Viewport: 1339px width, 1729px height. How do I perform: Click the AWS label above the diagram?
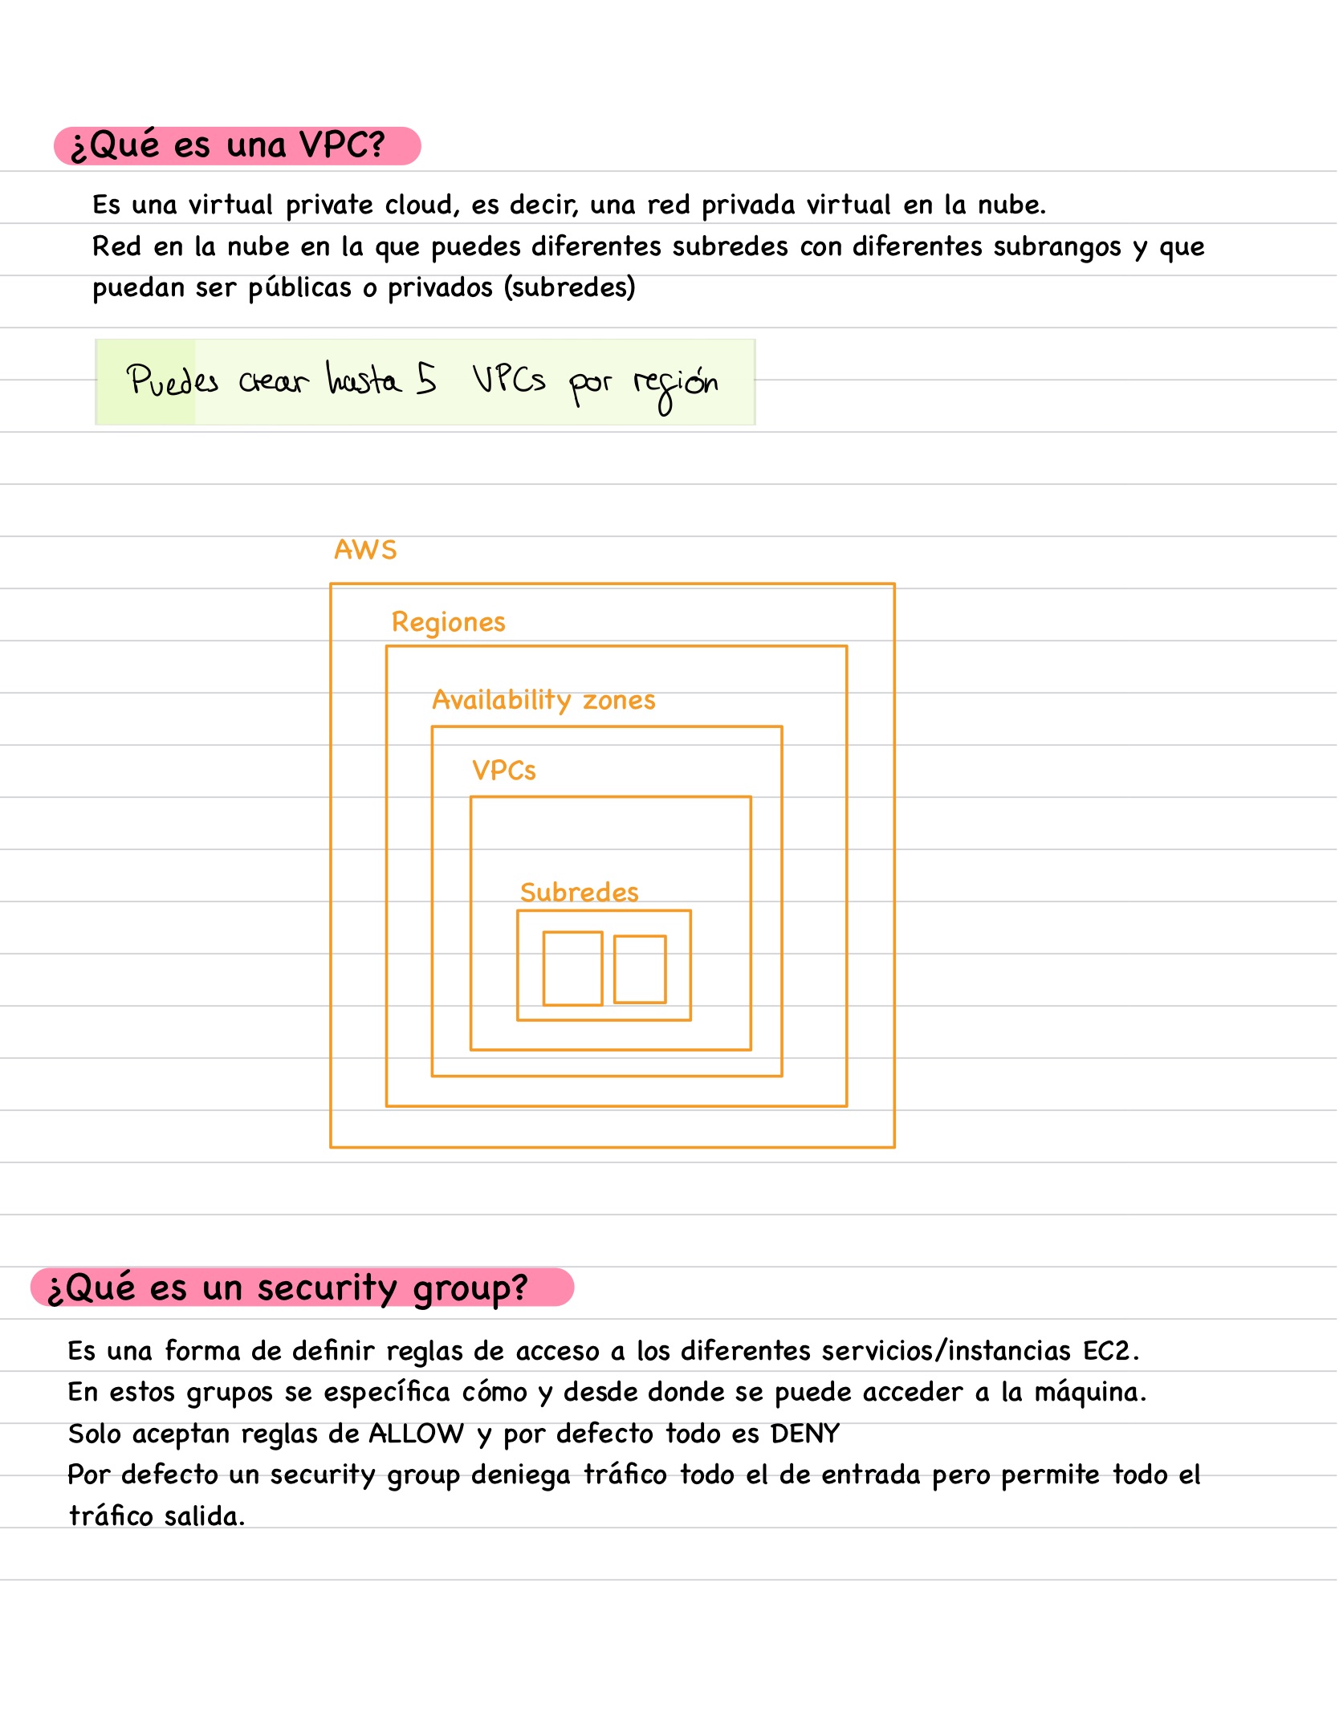(x=365, y=550)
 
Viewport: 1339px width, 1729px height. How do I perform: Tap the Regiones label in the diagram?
(x=448, y=622)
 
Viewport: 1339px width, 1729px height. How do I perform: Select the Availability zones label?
(x=543, y=700)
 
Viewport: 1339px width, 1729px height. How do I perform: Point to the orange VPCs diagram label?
(x=503, y=771)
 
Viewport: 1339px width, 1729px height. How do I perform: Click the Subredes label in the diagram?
(x=579, y=892)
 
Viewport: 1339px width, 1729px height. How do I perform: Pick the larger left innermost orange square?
(x=572, y=968)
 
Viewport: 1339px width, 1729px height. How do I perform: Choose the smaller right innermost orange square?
(x=640, y=969)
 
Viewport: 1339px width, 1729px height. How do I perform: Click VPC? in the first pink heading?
(x=342, y=145)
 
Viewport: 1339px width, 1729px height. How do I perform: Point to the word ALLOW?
(x=416, y=1434)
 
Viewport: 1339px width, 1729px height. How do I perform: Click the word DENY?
(x=804, y=1434)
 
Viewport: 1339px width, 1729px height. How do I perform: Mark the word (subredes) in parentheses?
(x=570, y=287)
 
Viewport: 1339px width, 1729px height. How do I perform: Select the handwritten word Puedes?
(x=173, y=380)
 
